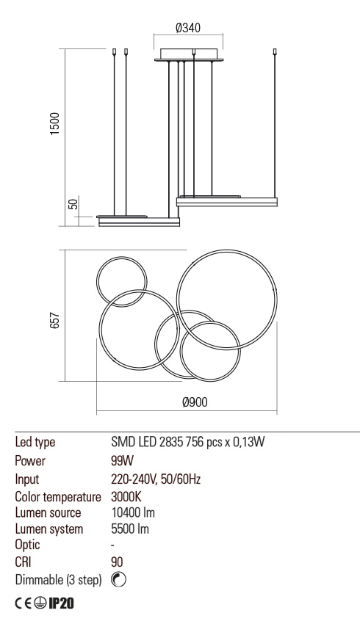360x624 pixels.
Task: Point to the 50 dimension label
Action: coord(73,204)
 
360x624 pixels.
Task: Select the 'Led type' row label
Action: coord(35,443)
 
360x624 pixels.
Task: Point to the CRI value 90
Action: coord(117,562)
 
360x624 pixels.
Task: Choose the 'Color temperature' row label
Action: coord(57,496)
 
